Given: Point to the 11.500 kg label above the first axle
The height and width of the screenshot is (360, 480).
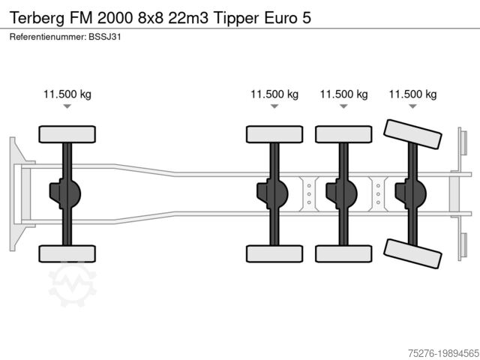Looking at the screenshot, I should (x=67, y=94).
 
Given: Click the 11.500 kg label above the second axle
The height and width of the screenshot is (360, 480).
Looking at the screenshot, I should (x=274, y=94).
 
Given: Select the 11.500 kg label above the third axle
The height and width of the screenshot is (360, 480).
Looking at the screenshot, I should (x=343, y=94).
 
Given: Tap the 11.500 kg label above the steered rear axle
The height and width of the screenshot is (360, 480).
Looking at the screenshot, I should (x=412, y=94).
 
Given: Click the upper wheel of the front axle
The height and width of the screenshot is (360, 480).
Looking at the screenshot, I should (x=67, y=135).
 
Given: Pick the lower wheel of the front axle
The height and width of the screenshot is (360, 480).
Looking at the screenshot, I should (x=67, y=253).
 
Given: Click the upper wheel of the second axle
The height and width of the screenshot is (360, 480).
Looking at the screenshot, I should (x=274, y=135).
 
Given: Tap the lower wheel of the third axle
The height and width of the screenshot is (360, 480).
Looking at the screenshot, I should (x=343, y=253).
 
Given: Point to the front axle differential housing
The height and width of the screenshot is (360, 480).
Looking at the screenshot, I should (x=64, y=194).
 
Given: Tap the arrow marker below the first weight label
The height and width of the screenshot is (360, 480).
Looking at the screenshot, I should (x=67, y=108).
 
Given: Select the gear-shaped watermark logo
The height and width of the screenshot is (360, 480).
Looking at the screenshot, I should (x=73, y=284).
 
